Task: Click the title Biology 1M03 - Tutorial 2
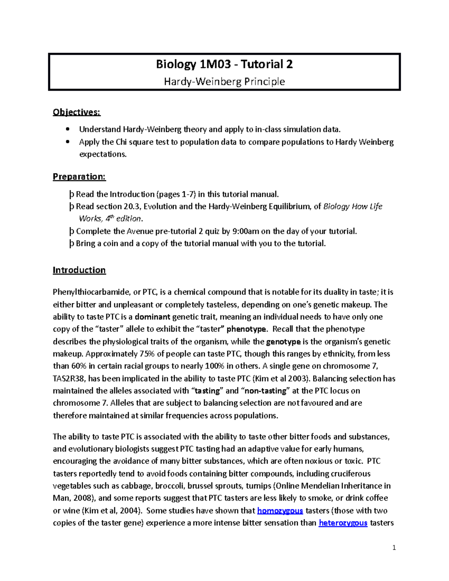224,64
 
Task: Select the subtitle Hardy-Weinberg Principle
224,82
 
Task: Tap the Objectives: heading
77,112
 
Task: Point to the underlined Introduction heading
79,270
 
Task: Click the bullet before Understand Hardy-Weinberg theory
67,129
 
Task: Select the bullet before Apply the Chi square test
67,142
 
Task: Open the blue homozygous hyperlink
280,511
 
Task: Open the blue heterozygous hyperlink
343,523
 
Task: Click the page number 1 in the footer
394,548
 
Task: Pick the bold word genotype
283,342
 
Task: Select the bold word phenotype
247,329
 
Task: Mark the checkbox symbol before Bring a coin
71,244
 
